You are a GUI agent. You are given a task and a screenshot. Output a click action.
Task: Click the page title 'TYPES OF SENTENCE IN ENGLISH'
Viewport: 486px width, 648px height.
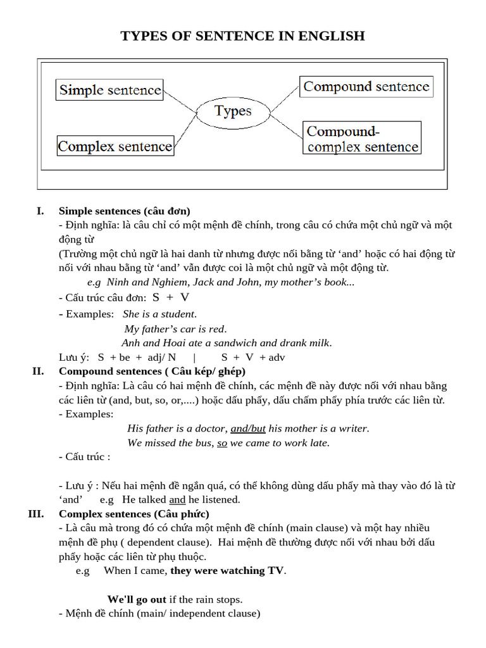[x=242, y=36]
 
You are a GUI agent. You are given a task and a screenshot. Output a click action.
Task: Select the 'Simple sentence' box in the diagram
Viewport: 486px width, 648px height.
[x=110, y=90]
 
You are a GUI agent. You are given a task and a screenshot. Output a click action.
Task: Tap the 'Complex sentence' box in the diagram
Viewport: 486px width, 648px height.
[x=115, y=146]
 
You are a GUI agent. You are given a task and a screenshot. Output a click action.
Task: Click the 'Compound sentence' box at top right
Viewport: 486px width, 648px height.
[x=366, y=87]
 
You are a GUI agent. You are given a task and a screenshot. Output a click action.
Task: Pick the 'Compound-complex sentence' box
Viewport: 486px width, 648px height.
[x=361, y=139]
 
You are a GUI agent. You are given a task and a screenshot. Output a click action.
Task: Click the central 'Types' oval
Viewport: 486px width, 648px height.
[x=233, y=111]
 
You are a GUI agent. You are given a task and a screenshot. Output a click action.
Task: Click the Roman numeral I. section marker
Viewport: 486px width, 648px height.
[x=40, y=211]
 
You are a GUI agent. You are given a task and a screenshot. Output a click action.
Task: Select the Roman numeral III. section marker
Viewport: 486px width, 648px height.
[x=36, y=513]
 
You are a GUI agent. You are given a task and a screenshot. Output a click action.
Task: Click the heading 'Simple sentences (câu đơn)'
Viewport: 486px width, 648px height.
[x=125, y=211]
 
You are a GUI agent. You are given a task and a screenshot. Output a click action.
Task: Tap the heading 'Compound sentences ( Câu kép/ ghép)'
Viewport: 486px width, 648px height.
[x=152, y=371]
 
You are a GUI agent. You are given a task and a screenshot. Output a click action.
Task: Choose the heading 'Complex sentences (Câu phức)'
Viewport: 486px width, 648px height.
[x=134, y=513]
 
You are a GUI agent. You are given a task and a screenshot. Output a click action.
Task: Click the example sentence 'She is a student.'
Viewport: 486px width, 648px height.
[x=159, y=314]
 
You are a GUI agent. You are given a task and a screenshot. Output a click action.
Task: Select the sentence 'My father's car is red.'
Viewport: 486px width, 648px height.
[x=175, y=328]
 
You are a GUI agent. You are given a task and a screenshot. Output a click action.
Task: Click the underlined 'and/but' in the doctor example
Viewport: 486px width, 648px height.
[x=248, y=428]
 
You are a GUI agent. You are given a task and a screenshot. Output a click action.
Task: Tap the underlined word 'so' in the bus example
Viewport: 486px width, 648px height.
[x=222, y=443]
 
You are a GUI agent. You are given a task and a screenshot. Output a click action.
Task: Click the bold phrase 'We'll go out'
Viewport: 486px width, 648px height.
[x=137, y=599]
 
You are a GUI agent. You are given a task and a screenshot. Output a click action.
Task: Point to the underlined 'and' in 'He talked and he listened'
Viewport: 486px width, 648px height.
[x=177, y=499]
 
